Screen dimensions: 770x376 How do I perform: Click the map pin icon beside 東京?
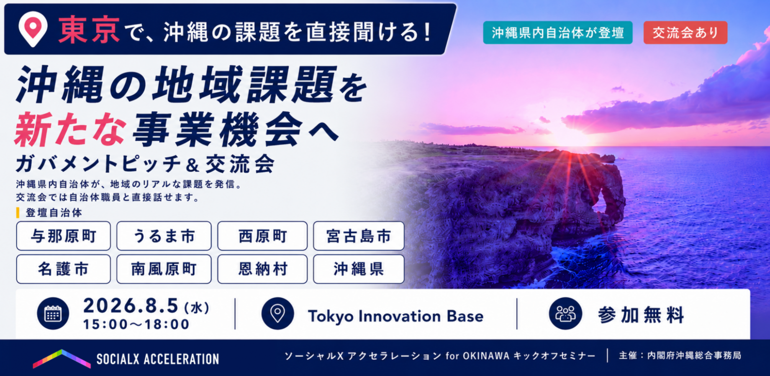pos(33,29)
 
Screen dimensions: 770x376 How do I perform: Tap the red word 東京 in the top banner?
pos(89,30)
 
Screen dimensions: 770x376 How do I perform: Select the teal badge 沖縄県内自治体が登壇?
pos(557,33)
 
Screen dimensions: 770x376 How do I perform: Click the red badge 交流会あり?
pos(685,33)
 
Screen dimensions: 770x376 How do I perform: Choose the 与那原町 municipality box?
pos(64,236)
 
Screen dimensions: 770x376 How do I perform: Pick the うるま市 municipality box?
pos(164,236)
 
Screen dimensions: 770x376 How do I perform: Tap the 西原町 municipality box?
pos(262,236)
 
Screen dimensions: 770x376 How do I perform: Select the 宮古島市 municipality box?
pos(359,236)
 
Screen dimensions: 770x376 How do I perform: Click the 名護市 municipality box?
pos(64,269)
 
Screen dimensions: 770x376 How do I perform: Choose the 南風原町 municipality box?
pos(164,269)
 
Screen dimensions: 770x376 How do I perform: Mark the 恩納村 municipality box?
pos(262,269)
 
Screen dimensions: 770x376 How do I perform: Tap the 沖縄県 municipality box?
pos(359,269)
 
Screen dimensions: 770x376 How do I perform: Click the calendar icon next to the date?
pos(53,313)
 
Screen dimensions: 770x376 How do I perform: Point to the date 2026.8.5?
pos(131,306)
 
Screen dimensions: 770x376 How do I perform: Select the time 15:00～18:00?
pos(136,324)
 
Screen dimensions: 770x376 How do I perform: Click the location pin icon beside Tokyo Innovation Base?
pos(277,313)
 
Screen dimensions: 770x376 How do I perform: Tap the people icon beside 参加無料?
pos(565,313)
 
